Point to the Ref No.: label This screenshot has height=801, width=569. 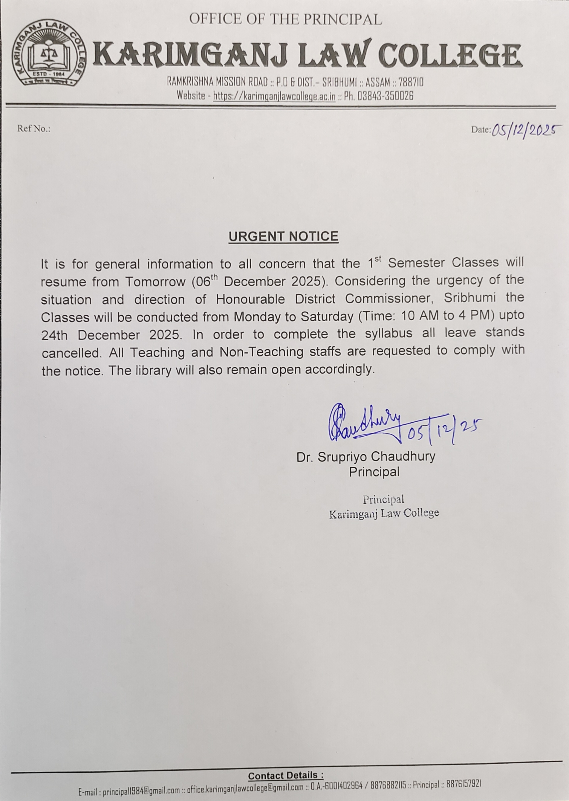tap(34, 129)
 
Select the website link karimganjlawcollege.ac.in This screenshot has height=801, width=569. tap(274, 96)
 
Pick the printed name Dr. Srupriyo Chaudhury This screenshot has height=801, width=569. tap(366, 457)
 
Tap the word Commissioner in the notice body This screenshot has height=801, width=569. tap(390, 299)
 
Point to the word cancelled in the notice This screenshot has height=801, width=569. tap(71, 353)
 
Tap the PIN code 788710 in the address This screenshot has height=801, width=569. tap(411, 82)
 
